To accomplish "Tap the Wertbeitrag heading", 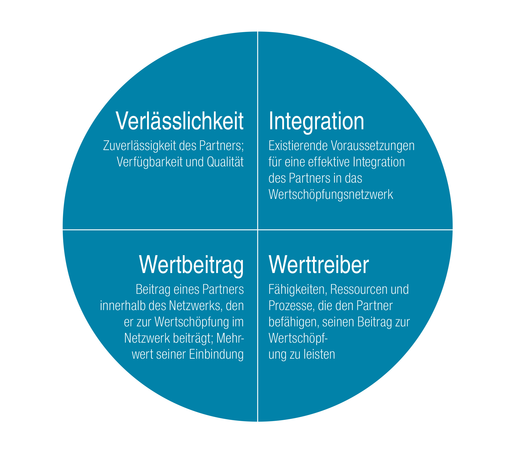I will coord(191,265).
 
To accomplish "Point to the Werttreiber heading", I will coord(319,265).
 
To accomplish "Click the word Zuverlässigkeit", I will coord(140,146).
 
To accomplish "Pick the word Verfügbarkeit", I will coord(150,162).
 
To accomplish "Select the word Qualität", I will coord(225,162).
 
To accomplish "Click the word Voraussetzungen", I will coord(373,146).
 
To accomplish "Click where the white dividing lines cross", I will coord(258,230).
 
